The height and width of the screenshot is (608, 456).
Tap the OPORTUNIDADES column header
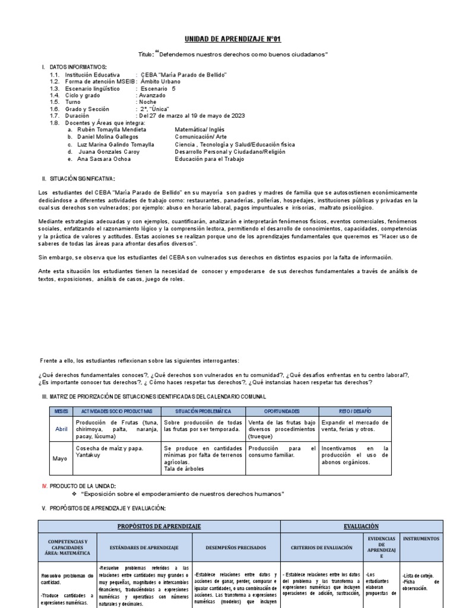281,411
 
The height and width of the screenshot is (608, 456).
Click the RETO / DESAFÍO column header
354,411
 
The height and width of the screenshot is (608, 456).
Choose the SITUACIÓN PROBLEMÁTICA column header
203,411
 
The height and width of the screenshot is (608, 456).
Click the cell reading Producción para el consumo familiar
281,452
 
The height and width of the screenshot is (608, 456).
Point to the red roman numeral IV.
44,486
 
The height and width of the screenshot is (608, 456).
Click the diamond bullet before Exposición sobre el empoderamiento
74,494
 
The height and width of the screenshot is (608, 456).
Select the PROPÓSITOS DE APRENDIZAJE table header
159,526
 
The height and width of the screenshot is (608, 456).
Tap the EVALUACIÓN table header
362,526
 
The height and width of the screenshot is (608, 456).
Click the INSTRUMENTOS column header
421,539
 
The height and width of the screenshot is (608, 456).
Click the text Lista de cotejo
419,575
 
